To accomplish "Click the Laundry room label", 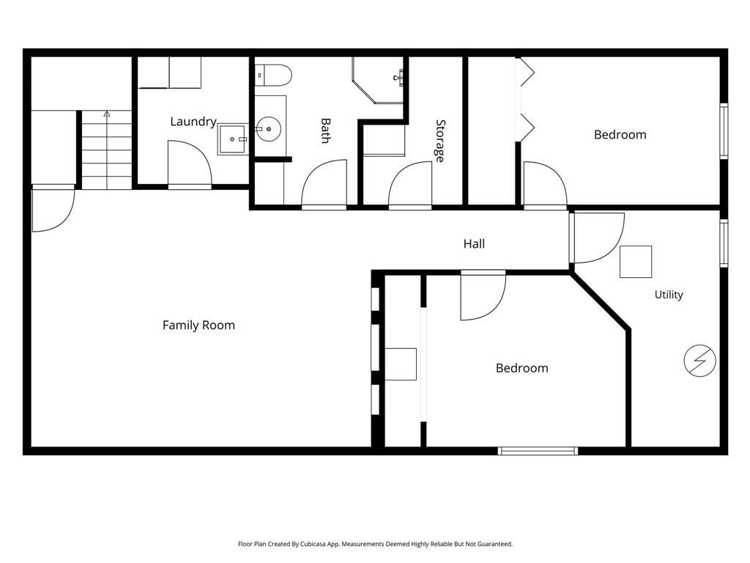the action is click(193, 122).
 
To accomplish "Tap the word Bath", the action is click(326, 130).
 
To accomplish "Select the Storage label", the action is click(440, 141).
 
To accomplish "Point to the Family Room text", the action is click(198, 325).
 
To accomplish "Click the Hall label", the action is click(474, 243).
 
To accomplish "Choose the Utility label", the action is click(669, 295).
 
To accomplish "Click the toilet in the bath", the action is click(273, 76).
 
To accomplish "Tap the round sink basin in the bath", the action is click(268, 129).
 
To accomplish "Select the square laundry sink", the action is click(233, 139).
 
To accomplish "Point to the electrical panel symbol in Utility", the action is click(699, 361).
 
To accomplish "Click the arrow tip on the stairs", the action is click(107, 112).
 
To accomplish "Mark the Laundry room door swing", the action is click(190, 163).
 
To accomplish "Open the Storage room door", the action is click(410, 185).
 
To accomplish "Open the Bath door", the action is click(324, 185).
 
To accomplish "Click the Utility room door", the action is click(598, 238).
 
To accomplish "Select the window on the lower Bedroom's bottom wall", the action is click(538, 451).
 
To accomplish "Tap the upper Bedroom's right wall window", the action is click(724, 130).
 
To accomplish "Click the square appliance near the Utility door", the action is click(636, 262).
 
